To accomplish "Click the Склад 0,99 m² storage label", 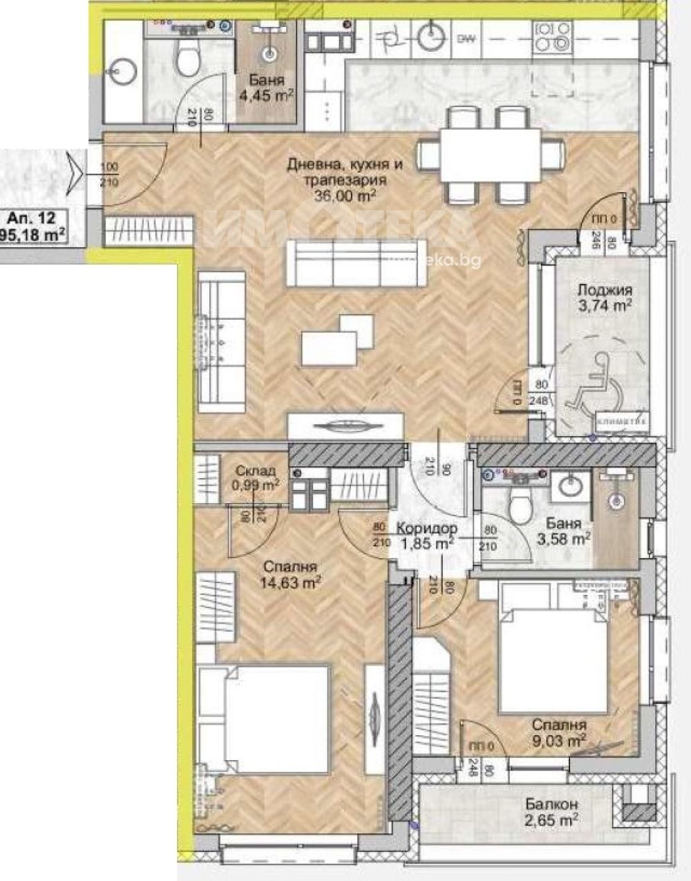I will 256,476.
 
